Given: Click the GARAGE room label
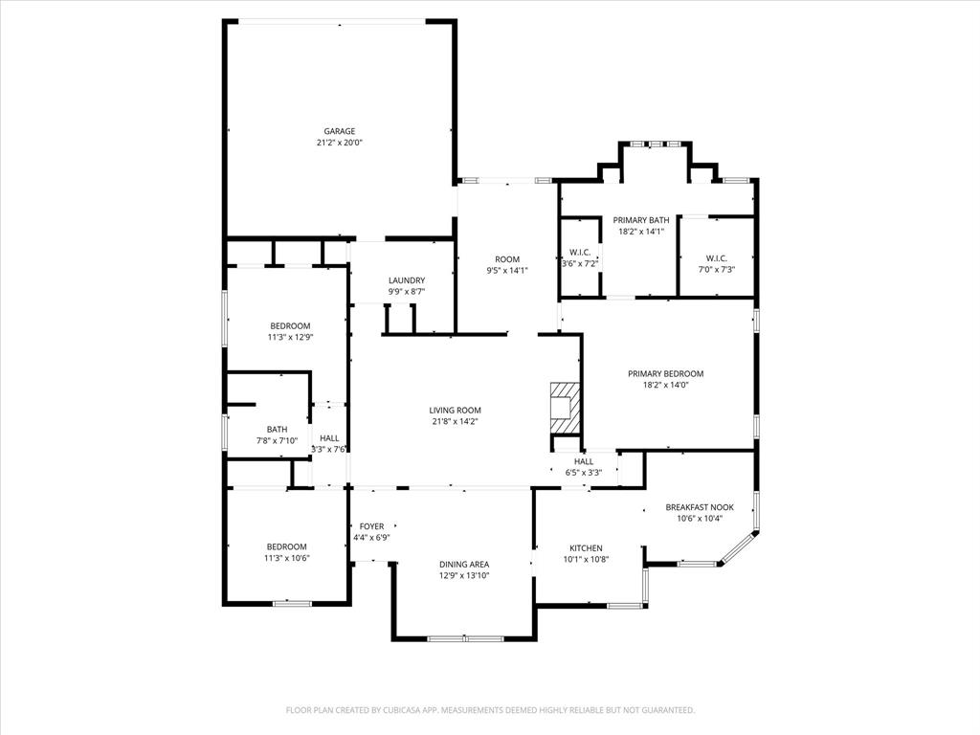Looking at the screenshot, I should coord(339,131).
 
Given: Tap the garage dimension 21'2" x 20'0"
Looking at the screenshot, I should coord(339,143).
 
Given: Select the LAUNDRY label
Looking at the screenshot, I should coord(406,280).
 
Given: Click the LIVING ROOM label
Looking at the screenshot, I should coord(455,410).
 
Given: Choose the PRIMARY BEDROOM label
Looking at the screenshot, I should coord(665,373).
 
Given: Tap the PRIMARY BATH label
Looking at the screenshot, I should coord(641,220).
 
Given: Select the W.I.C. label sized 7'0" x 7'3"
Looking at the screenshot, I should coord(717,257).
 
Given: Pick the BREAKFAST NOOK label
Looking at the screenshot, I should coord(700,507).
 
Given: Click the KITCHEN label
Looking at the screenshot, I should coord(586,548).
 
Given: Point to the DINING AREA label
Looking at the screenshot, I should coord(464,565).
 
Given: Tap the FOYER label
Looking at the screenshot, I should coord(371,526).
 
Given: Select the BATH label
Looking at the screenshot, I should coord(277,430).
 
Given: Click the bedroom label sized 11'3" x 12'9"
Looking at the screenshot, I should coord(290,325).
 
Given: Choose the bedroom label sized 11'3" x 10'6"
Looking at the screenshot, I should coord(287,546).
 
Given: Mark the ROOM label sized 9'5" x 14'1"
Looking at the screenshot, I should coord(507,259).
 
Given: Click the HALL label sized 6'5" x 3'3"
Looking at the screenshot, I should coord(584,461).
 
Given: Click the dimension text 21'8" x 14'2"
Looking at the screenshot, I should coord(455,421).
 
